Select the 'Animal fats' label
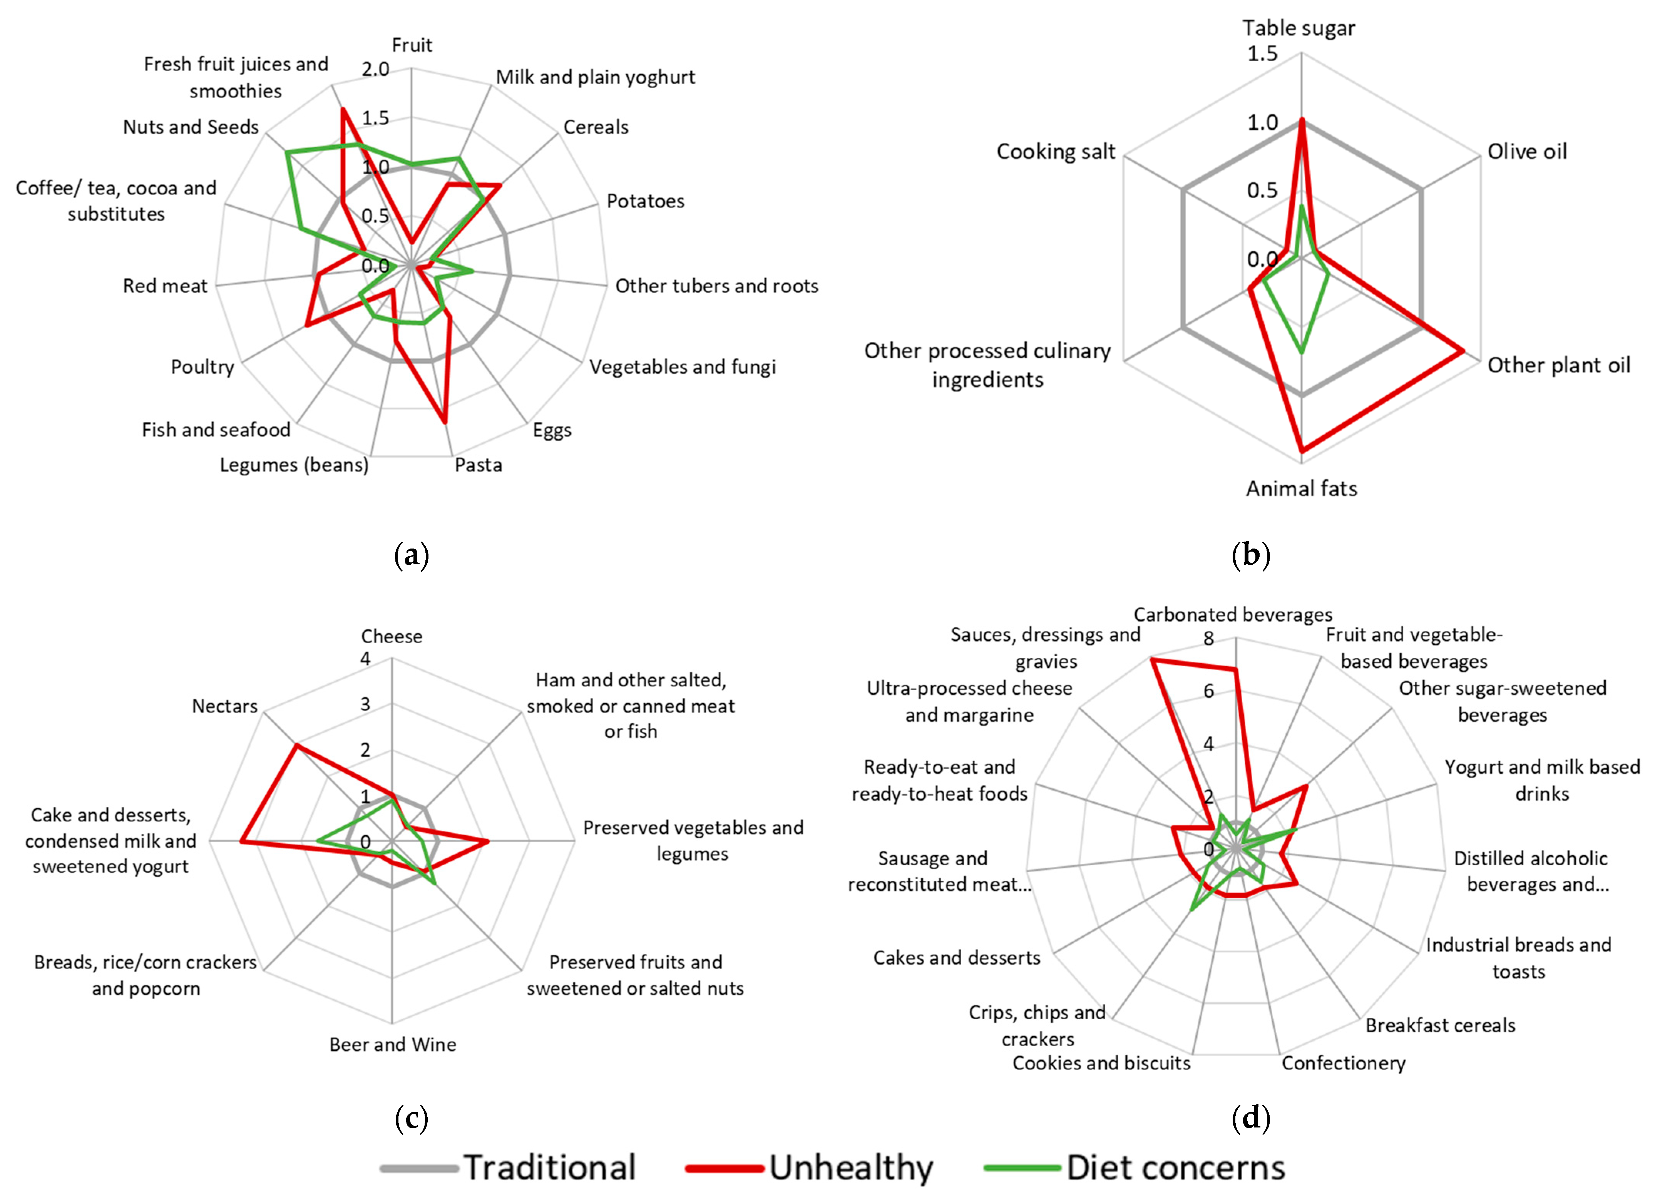tap(1301, 488)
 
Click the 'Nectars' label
tap(224, 706)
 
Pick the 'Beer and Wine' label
tap(392, 1044)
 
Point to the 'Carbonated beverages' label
tap(1233, 614)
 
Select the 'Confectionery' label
tap(1343, 1062)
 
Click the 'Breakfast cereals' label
tap(1440, 1025)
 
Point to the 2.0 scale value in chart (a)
tap(375, 69)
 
